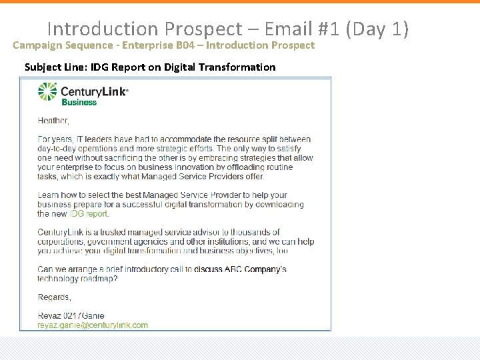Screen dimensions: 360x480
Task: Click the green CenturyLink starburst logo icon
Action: (x=48, y=92)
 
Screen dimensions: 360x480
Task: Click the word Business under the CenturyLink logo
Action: (x=79, y=103)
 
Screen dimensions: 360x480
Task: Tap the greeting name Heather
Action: (x=53, y=121)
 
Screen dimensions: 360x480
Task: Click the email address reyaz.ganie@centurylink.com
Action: (x=93, y=325)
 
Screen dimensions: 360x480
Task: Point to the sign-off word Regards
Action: (x=54, y=297)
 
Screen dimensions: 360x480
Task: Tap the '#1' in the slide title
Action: (x=329, y=29)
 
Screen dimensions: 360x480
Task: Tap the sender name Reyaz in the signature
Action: (x=50, y=315)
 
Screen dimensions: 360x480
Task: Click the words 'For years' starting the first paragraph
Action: (x=55, y=139)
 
